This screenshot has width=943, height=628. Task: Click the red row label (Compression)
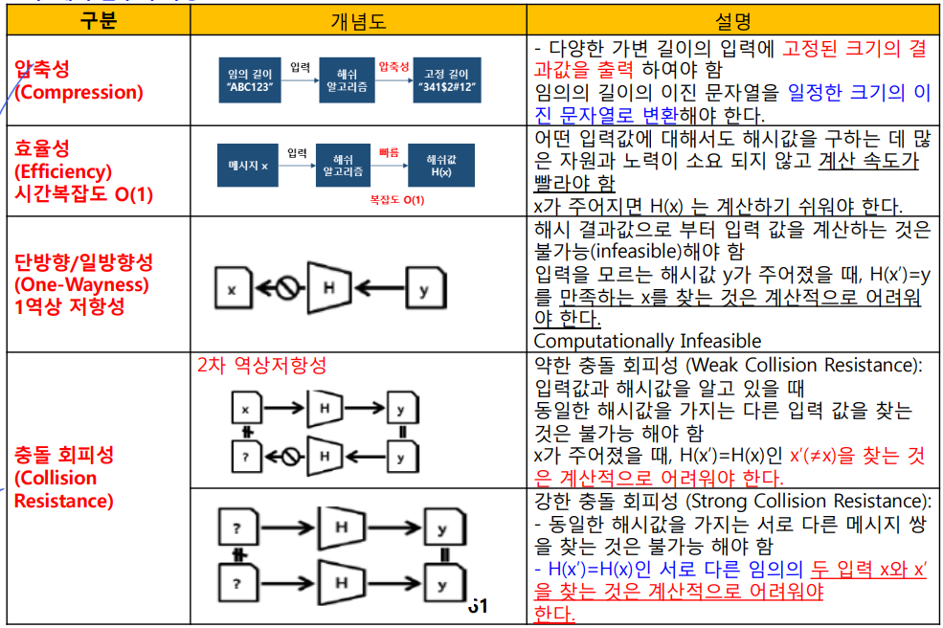tap(79, 92)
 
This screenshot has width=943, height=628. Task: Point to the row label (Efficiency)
tap(63, 171)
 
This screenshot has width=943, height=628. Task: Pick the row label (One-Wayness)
tap(81, 284)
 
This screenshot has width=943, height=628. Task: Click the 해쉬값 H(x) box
tap(438, 165)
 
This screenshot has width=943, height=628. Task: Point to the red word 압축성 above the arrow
tap(394, 67)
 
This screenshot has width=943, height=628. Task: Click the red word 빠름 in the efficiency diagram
tap(388, 151)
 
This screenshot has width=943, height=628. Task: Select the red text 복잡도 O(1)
tap(396, 200)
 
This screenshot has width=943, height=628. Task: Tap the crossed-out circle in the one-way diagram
tap(282, 287)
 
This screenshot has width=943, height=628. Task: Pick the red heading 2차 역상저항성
tap(261, 366)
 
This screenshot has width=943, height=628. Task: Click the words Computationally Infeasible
tap(646, 341)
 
